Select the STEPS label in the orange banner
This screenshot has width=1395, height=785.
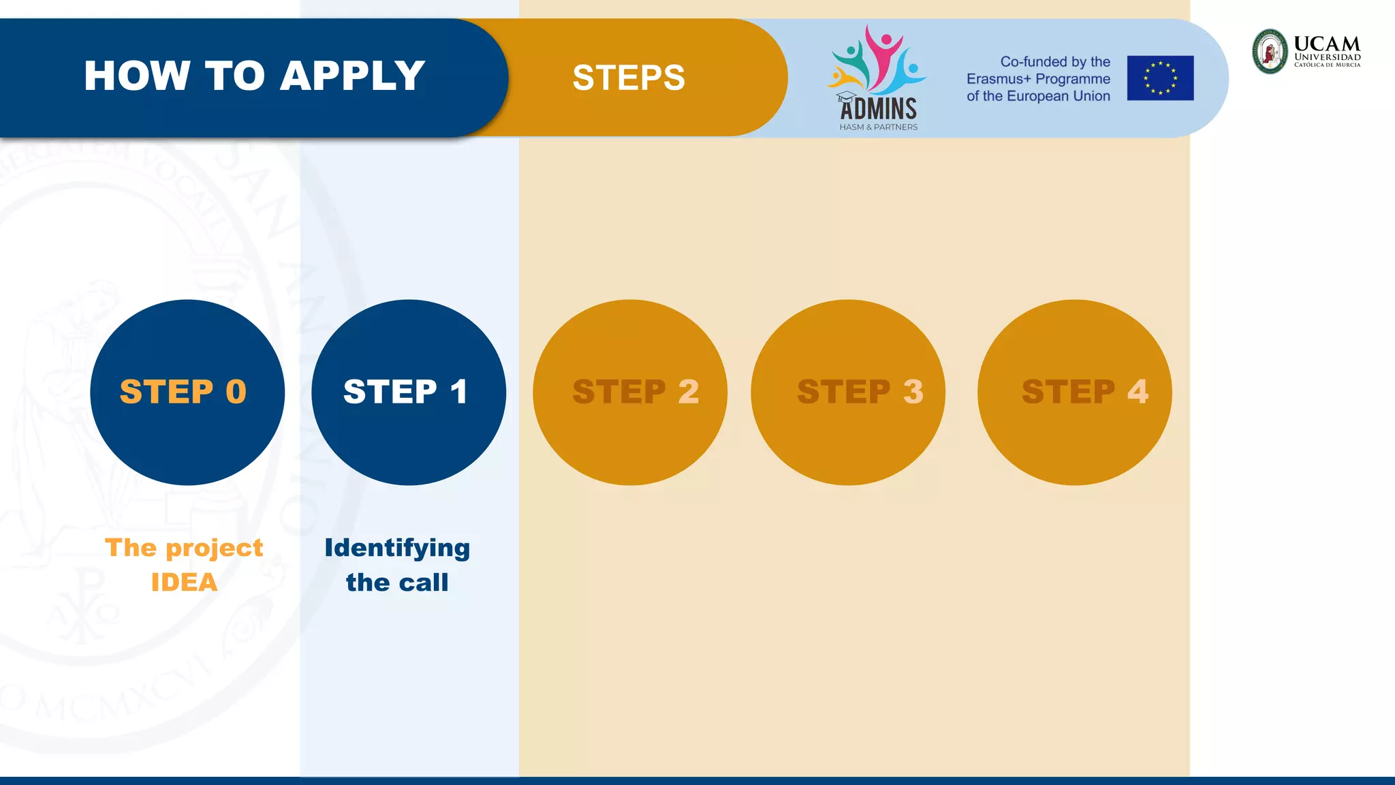click(x=628, y=78)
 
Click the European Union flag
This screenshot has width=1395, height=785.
click(x=1160, y=78)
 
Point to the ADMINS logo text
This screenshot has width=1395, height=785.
click(x=878, y=109)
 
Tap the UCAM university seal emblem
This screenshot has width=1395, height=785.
click(x=1270, y=51)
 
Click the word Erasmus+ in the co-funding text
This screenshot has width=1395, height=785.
click(x=999, y=79)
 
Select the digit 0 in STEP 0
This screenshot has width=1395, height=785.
click(x=236, y=392)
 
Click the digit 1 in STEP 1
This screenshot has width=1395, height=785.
click(x=458, y=392)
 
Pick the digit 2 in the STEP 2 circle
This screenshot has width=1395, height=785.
click(x=688, y=392)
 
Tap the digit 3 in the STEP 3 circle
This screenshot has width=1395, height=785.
click(x=913, y=392)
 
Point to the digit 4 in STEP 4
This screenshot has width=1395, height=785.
click(x=1137, y=392)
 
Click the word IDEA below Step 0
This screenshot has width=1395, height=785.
click(x=184, y=583)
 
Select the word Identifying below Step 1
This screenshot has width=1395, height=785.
click(x=397, y=549)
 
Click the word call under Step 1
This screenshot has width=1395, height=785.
click(x=423, y=583)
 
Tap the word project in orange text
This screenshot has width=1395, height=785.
click(x=214, y=549)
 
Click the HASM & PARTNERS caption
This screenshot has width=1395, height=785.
click(x=878, y=127)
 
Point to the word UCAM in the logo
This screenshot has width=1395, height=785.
click(x=1326, y=44)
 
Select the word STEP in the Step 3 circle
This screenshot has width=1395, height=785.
click(x=843, y=392)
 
